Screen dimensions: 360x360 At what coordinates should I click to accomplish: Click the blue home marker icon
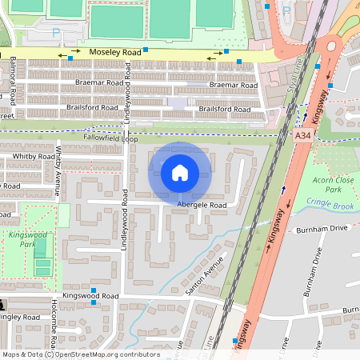(180, 172)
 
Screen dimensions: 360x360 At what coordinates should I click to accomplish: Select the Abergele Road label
(202, 205)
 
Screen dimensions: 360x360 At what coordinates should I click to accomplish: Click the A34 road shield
(302, 137)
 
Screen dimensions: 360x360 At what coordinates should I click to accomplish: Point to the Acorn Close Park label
(333, 185)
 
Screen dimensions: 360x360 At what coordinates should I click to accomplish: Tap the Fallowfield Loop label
(95, 138)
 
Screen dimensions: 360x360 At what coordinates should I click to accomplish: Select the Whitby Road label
(34, 157)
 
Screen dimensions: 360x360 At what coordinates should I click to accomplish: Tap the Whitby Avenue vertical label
(58, 170)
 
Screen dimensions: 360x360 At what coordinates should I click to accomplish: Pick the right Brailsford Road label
(225, 109)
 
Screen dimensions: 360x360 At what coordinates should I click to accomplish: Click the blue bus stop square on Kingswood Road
(94, 290)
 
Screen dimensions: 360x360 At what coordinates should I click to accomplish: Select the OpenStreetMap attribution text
(80, 354)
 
